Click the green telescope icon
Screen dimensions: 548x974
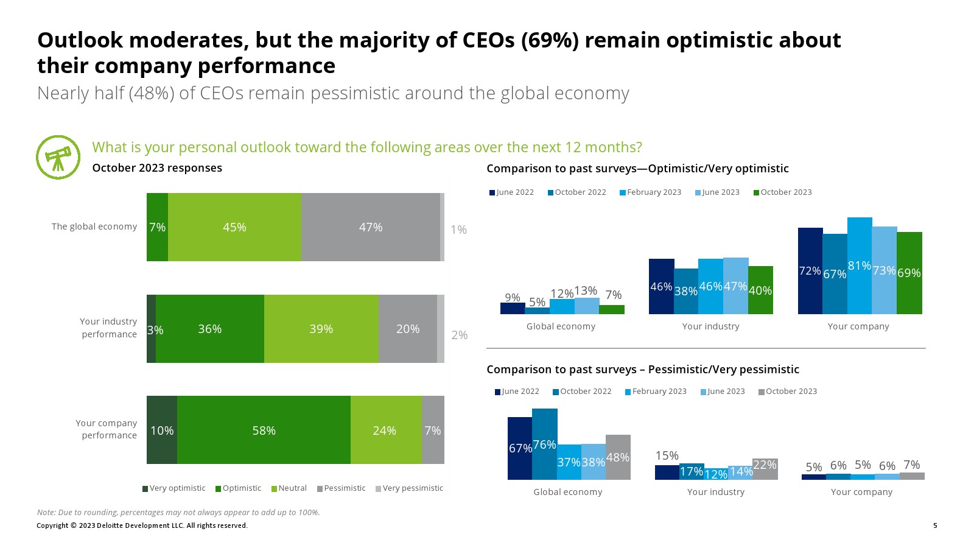pyautogui.click(x=58, y=158)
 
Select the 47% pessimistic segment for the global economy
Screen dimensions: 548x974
pyautogui.click(x=370, y=227)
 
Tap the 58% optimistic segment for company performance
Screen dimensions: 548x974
pyautogui.click(x=264, y=430)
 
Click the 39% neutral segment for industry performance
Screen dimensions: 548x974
pyautogui.click(x=321, y=329)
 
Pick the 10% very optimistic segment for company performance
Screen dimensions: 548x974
pyautogui.click(x=162, y=430)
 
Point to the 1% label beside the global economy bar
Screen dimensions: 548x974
pyautogui.click(x=458, y=230)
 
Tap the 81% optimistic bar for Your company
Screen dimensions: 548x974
pyautogui.click(x=860, y=265)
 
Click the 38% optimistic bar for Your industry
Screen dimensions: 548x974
pyautogui.click(x=685, y=291)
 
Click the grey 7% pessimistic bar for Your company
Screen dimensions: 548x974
pyautogui.click(x=912, y=476)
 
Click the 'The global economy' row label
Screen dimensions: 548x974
pyautogui.click(x=94, y=227)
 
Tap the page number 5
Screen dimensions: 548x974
pyautogui.click(x=935, y=525)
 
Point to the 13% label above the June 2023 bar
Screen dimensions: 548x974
pyautogui.click(x=586, y=290)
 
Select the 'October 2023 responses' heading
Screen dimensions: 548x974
pyautogui.click(x=157, y=168)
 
